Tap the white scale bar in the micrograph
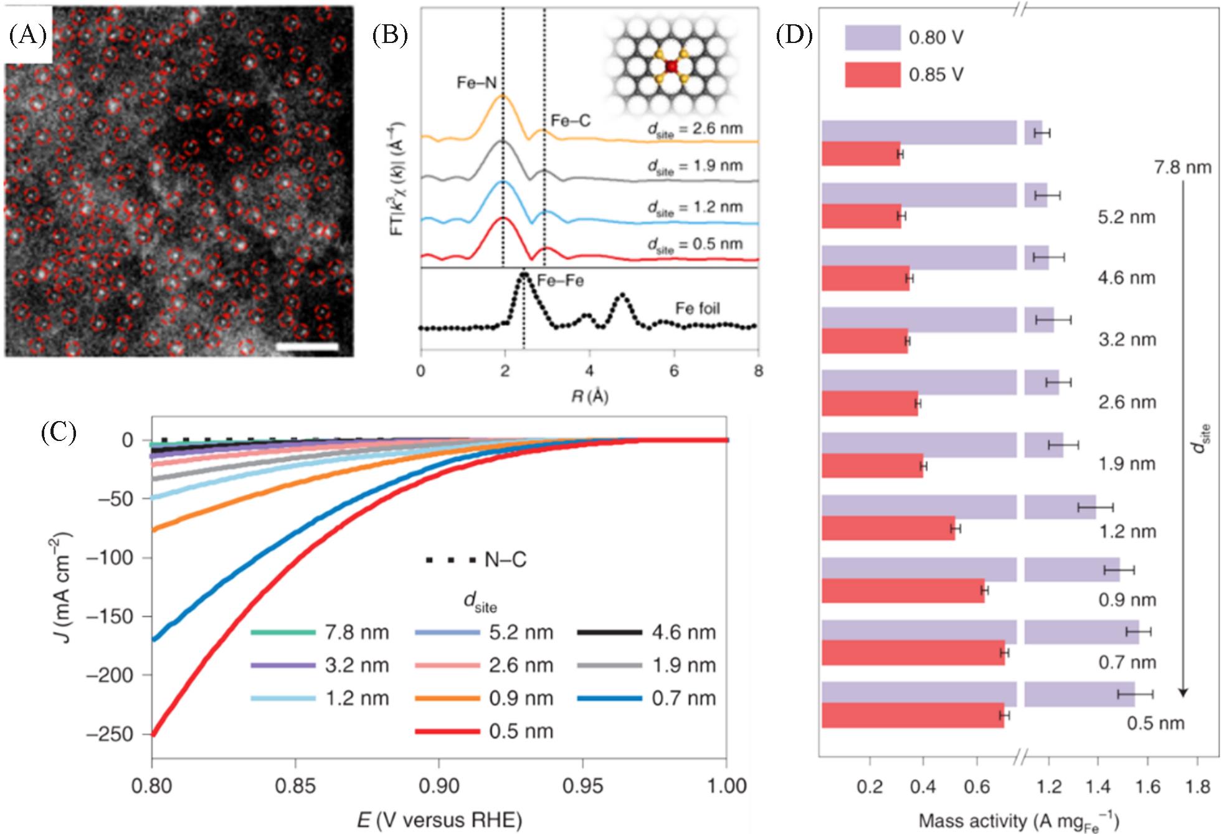[x=308, y=346]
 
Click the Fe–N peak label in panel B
[x=477, y=83]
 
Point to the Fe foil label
[x=698, y=308]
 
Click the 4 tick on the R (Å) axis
[x=589, y=371]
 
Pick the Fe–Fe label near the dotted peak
[x=561, y=281]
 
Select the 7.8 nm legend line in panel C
[x=283, y=633]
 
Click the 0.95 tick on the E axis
[x=582, y=786]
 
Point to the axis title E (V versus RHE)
[x=439, y=820]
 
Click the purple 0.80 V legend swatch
[x=872, y=38]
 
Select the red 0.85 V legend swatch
[x=872, y=75]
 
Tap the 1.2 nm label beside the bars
[x=1127, y=531]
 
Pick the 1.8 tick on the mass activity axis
[x=1197, y=787]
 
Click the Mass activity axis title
[x=1018, y=821]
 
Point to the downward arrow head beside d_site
[x=1184, y=693]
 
